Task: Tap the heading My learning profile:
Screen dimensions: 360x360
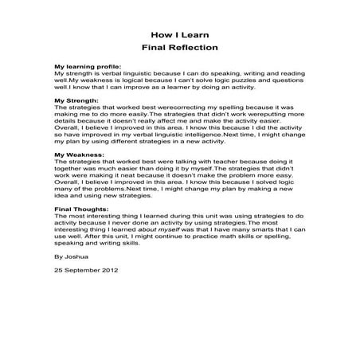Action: (88, 66)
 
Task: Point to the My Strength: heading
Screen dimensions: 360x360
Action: (76, 101)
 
